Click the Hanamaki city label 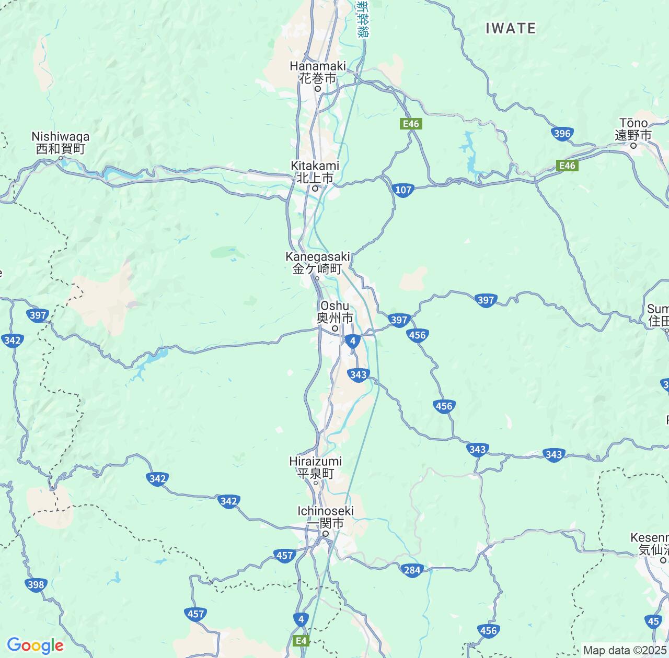pyautogui.click(x=318, y=72)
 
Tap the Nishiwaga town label pyautogui.click(x=60, y=143)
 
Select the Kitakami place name pyautogui.click(x=315, y=172)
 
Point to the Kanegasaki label pyautogui.click(x=317, y=263)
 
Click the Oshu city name pyautogui.click(x=334, y=312)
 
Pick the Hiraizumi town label pyautogui.click(x=315, y=467)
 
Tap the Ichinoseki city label pyautogui.click(x=325, y=517)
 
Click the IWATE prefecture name pyautogui.click(x=511, y=28)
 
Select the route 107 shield pyautogui.click(x=403, y=190)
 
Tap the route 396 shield pyautogui.click(x=562, y=134)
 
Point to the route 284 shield pyautogui.click(x=412, y=570)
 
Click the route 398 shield pyautogui.click(x=36, y=584)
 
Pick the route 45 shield pyautogui.click(x=653, y=621)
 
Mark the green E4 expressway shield pyautogui.click(x=302, y=641)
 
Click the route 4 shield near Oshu pyautogui.click(x=353, y=342)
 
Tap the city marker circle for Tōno pyautogui.click(x=633, y=145)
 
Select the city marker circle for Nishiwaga pyautogui.click(x=61, y=158)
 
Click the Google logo pyautogui.click(x=34, y=645)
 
